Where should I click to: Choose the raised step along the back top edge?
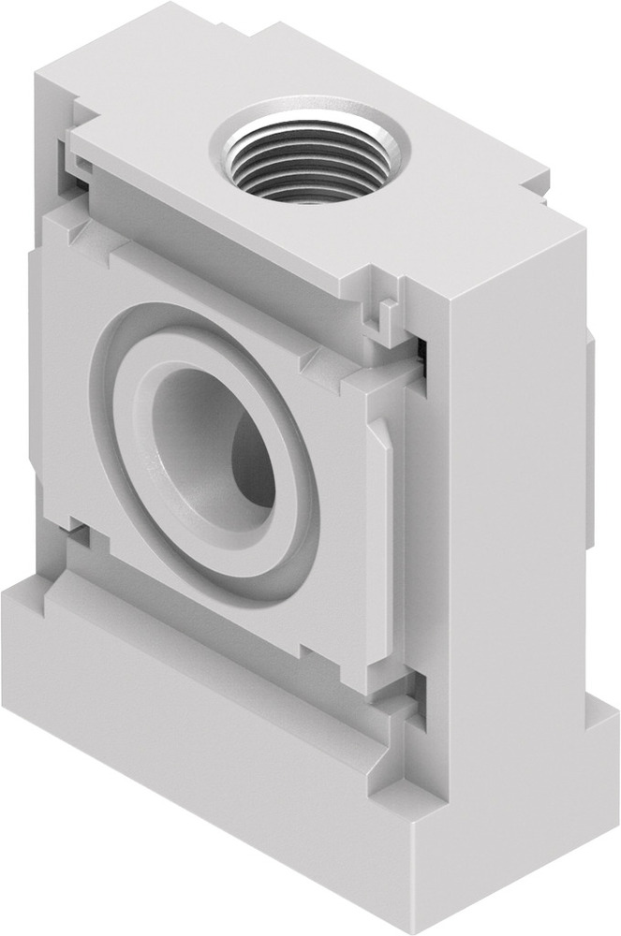coord(281,47)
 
